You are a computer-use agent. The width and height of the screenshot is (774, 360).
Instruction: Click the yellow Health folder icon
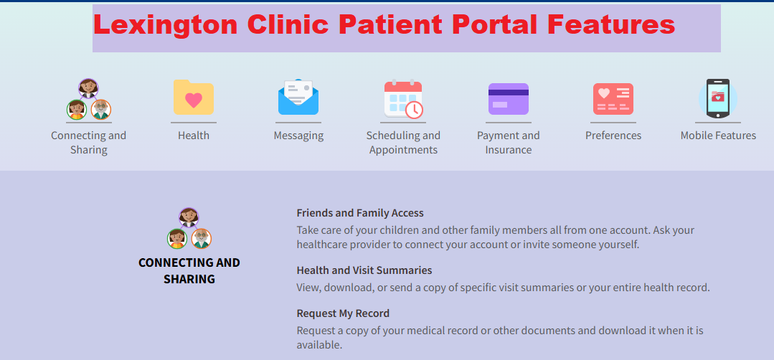click(193, 98)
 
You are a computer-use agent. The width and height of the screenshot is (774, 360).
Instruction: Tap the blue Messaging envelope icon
click(298, 98)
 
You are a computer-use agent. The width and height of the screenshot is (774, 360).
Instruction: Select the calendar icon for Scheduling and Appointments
click(402, 98)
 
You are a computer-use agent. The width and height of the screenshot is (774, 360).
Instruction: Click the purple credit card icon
click(508, 99)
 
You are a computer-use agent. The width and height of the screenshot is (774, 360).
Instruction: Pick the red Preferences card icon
click(613, 99)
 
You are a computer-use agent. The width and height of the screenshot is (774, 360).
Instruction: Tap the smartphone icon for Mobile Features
click(717, 98)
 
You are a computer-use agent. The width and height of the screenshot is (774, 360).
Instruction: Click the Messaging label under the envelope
click(298, 136)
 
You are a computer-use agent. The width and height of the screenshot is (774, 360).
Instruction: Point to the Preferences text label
click(613, 136)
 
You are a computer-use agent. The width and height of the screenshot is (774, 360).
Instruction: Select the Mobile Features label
click(718, 136)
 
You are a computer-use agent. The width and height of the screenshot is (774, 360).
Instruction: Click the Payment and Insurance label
click(508, 143)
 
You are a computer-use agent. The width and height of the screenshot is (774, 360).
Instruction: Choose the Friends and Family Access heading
click(360, 213)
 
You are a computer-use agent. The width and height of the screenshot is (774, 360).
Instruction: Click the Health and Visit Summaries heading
click(364, 270)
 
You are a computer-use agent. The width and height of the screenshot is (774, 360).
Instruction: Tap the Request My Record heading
click(343, 313)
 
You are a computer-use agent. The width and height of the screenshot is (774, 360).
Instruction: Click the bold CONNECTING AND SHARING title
click(189, 270)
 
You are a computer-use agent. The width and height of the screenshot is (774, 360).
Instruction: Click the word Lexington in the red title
click(166, 25)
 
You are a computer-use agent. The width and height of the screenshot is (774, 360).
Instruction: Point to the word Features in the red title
click(610, 25)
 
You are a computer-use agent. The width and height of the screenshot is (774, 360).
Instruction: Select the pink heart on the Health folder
click(193, 100)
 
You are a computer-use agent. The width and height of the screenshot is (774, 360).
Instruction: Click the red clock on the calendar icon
click(414, 110)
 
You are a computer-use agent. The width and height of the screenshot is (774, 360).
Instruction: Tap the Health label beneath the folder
click(194, 136)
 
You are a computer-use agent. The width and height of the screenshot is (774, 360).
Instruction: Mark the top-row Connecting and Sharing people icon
click(89, 100)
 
